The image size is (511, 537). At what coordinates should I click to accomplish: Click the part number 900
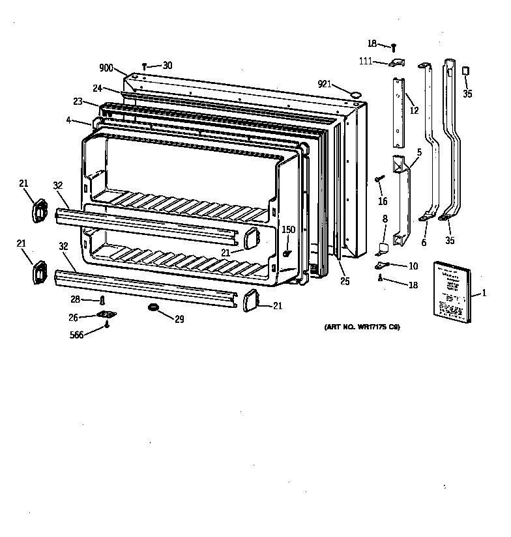click(106, 68)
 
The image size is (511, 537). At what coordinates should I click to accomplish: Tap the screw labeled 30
click(144, 66)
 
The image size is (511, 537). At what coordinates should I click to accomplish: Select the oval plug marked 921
click(356, 94)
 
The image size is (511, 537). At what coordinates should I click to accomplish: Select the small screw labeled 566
click(106, 327)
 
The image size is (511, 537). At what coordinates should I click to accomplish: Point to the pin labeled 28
click(102, 300)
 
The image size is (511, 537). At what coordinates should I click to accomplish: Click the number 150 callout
click(288, 229)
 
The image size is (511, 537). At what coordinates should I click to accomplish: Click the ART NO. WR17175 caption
click(361, 327)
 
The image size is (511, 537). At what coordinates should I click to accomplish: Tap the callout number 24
click(97, 89)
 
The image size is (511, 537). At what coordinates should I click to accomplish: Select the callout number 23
click(78, 102)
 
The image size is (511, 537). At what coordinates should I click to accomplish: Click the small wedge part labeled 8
click(384, 247)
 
